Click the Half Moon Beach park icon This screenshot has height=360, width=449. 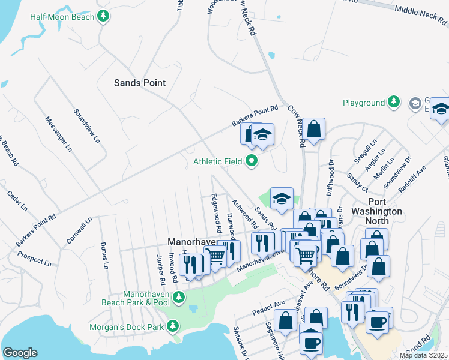104,16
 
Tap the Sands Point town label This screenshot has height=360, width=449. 140,83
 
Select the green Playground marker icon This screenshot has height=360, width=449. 394,103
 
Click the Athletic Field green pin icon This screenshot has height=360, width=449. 252,161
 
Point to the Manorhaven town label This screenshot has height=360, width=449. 191,242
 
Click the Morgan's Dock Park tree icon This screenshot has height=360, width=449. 173,326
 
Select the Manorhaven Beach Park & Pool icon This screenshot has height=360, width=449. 178,297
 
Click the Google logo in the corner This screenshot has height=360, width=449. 20,353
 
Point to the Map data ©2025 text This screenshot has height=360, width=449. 423,355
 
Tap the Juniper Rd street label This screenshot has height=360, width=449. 160,270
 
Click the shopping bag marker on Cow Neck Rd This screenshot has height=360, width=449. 313,129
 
